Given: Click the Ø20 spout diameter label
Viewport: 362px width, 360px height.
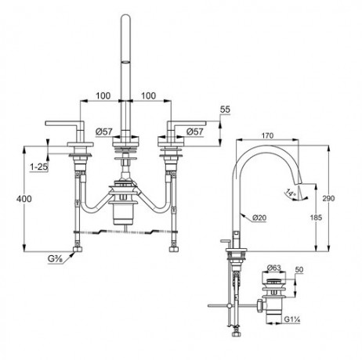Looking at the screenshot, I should click(x=261, y=217).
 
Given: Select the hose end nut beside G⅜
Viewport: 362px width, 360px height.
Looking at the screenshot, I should click(x=76, y=251).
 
